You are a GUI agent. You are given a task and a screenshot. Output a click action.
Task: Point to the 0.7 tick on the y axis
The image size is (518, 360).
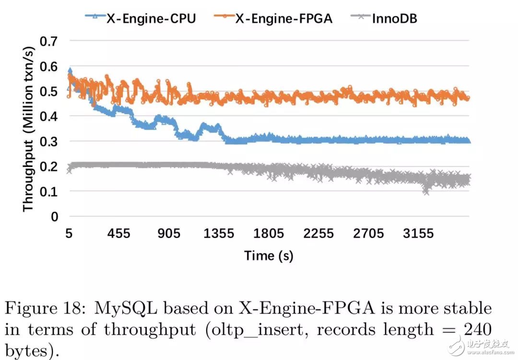point(48,41)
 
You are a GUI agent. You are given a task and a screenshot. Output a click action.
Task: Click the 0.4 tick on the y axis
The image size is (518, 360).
point(48,116)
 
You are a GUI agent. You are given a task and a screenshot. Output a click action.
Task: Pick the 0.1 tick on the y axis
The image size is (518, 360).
point(48,191)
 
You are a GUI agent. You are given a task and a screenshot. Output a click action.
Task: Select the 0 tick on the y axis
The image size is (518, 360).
point(54,216)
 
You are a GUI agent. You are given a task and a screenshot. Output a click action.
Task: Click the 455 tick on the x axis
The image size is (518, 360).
point(119,233)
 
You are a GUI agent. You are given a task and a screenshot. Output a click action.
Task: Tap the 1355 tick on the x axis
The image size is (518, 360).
point(219,233)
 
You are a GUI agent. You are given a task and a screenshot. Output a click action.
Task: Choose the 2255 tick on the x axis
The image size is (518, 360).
point(318,233)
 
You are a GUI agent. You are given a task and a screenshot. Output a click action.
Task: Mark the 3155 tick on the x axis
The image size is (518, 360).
point(418,233)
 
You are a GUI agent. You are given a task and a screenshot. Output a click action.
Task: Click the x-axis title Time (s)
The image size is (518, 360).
point(269,255)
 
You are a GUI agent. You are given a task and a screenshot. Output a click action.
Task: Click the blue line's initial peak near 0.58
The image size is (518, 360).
point(70,71)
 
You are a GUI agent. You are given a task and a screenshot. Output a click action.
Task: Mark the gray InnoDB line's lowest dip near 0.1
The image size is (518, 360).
point(425,192)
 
